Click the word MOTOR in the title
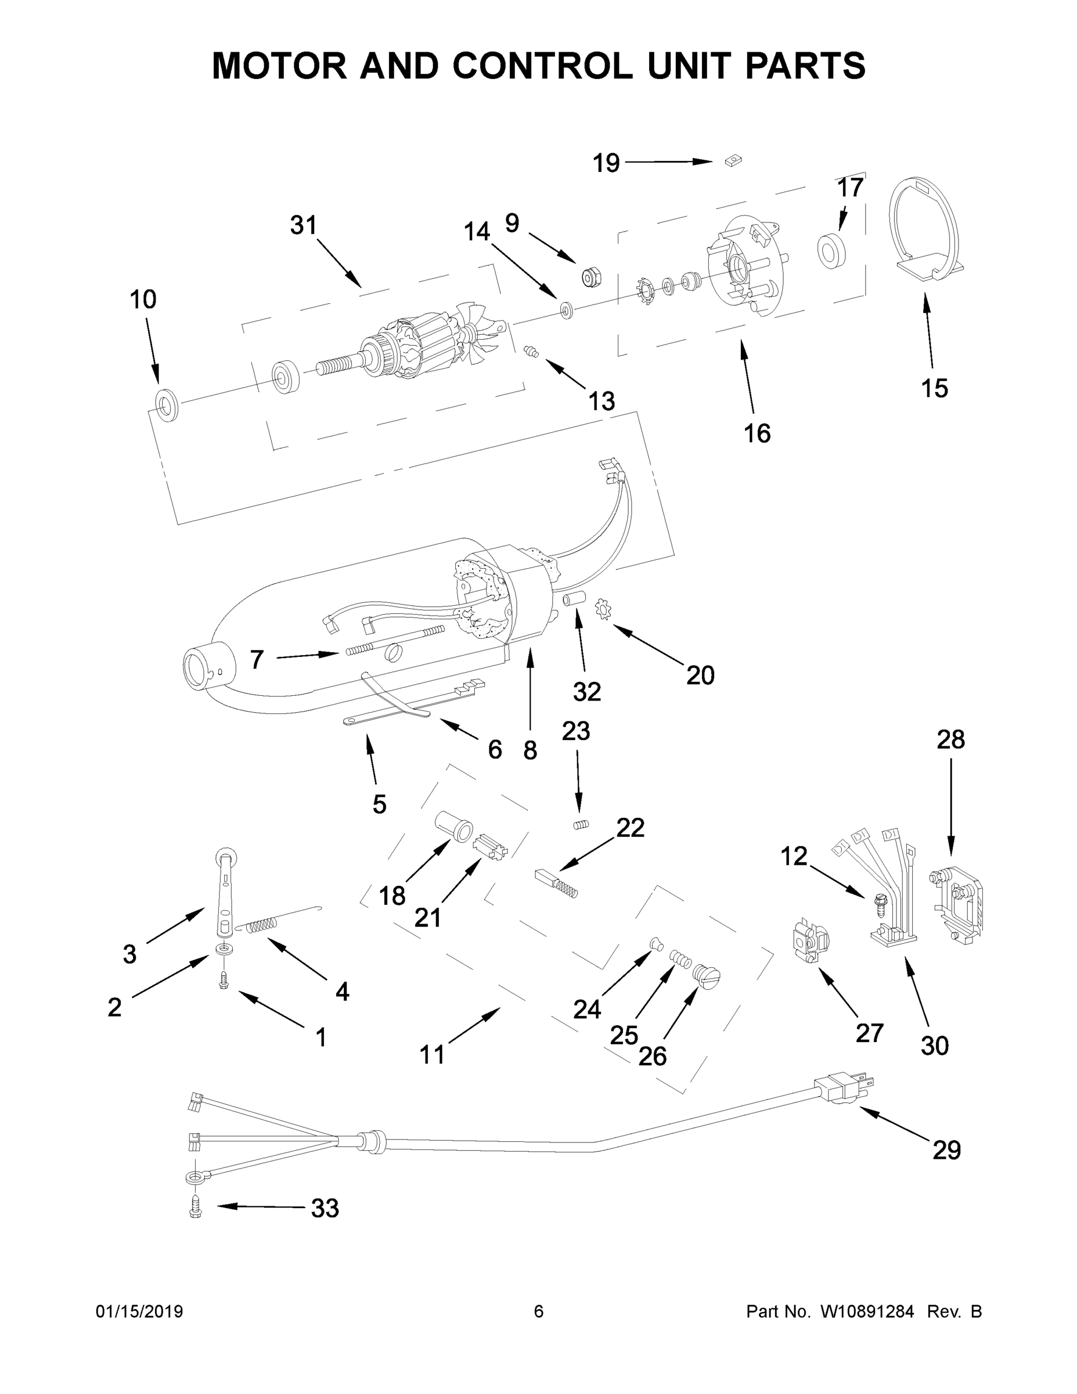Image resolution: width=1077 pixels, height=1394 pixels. pyautogui.click(x=279, y=66)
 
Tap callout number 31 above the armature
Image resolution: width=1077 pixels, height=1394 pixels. pyautogui.click(x=303, y=225)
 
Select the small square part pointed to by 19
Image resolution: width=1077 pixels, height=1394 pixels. pyautogui.click(x=733, y=160)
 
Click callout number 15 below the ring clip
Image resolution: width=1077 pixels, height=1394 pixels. pyautogui.click(x=934, y=388)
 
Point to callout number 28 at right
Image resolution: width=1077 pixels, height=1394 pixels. pyautogui.click(x=950, y=740)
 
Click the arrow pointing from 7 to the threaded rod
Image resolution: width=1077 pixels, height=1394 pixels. pyautogui.click(x=306, y=656)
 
